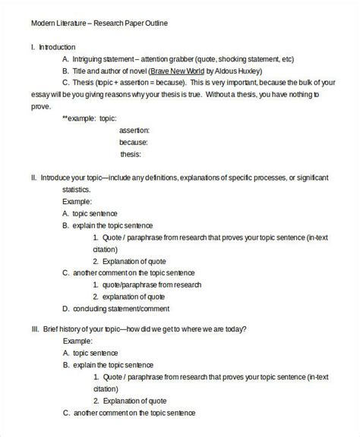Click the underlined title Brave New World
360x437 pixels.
point(171,71)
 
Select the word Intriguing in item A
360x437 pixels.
point(90,58)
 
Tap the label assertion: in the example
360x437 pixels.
point(134,130)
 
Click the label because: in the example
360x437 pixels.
point(134,142)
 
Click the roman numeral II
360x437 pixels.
point(34,178)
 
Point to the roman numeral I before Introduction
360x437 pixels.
point(33,46)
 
